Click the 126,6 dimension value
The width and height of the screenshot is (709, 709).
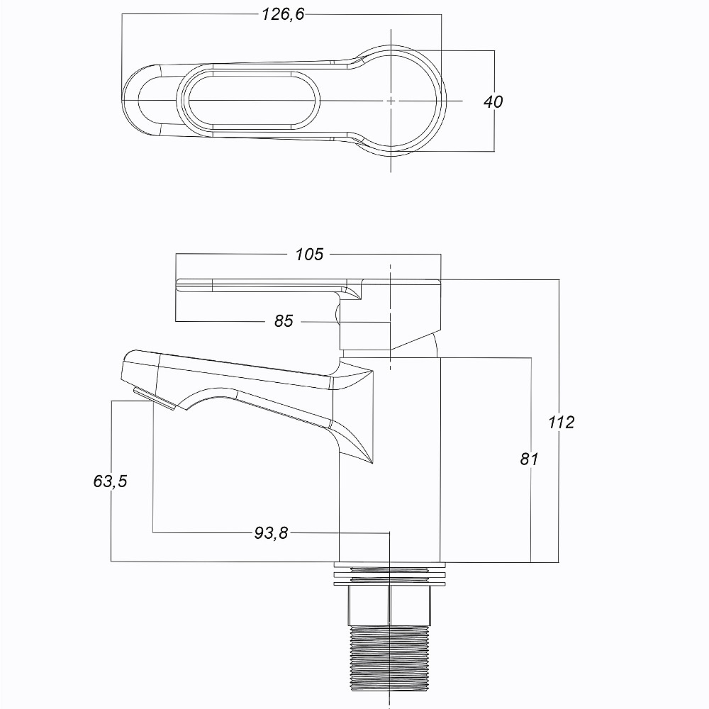coord(283,14)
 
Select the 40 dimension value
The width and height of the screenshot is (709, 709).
coord(493,101)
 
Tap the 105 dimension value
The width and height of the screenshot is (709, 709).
coord(309,254)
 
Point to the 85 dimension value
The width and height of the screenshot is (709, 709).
coord(284,320)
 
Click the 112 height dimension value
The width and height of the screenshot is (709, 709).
coord(561,423)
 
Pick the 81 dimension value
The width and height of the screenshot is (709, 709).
coord(529,459)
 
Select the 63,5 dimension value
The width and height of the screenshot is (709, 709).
coord(111,481)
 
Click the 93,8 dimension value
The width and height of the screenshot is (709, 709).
coord(271,533)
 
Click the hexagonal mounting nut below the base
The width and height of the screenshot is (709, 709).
coord(389,605)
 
